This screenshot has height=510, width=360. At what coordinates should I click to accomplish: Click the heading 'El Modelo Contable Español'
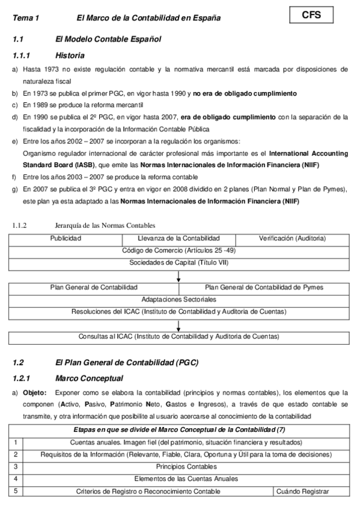tap(108, 39)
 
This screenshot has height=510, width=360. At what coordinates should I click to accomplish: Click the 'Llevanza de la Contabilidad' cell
tap(178, 239)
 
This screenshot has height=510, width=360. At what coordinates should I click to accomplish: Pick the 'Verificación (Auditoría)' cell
tap(292, 239)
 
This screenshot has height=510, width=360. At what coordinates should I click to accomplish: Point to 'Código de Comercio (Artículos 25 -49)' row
tap(178, 250)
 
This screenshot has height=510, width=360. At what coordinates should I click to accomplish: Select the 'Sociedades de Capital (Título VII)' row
tap(178, 263)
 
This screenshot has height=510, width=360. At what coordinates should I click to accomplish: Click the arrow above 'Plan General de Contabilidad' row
tap(178, 276)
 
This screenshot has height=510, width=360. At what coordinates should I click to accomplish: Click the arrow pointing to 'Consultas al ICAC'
tap(178, 325)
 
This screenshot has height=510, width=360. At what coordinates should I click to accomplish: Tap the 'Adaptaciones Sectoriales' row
tap(178, 300)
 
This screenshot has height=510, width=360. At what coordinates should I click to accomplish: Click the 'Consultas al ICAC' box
tap(178, 336)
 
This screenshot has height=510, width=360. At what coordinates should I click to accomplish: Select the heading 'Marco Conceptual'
tap(89, 378)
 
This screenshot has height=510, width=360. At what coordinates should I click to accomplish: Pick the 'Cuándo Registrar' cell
tap(302, 491)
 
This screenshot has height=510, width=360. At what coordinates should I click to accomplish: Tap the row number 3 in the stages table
tap(16, 466)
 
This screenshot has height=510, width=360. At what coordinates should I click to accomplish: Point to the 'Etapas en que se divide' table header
tap(178, 429)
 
